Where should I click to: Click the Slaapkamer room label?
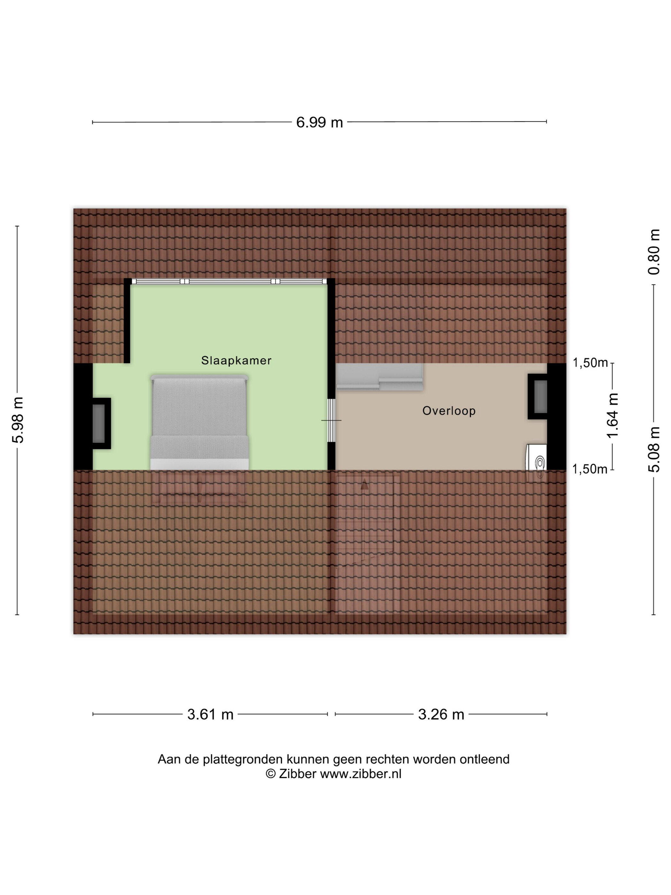point(236,361)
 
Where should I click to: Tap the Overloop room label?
point(449,411)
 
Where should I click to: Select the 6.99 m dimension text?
point(320,122)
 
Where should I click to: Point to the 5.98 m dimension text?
point(19,420)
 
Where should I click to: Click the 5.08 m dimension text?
point(654,449)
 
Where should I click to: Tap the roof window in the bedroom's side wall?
point(99,423)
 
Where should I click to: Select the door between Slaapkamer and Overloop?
point(332,420)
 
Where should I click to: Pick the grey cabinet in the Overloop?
point(380,377)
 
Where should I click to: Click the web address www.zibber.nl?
point(361,774)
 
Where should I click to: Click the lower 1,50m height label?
point(590,469)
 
